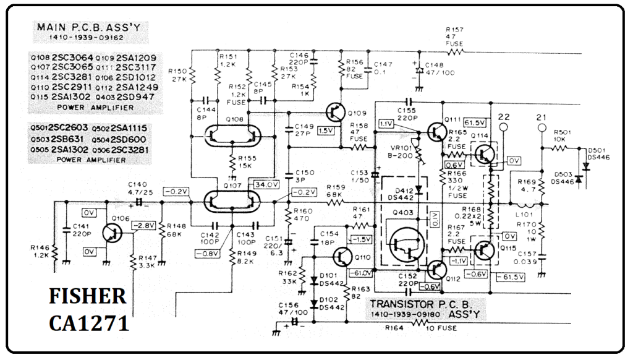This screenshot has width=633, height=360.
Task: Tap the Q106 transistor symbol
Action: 111,233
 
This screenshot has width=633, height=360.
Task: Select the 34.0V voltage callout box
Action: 266,184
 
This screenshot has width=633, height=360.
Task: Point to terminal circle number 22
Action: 504,128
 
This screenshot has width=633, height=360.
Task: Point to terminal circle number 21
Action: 543,128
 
